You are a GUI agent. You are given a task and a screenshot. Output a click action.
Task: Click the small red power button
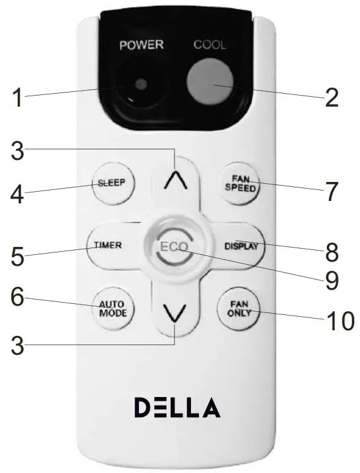(142, 85)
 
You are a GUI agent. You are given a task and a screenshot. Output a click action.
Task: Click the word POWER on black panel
(141, 45)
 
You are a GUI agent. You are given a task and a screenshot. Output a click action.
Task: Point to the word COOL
(209, 45)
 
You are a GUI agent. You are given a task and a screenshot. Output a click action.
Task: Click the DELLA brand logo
(177, 406)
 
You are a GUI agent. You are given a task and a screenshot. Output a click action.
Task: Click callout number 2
(331, 98)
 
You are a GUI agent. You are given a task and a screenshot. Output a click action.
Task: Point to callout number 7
(331, 192)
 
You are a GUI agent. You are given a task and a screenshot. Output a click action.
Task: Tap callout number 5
(18, 256)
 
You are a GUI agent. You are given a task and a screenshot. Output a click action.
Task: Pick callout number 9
(331, 280)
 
